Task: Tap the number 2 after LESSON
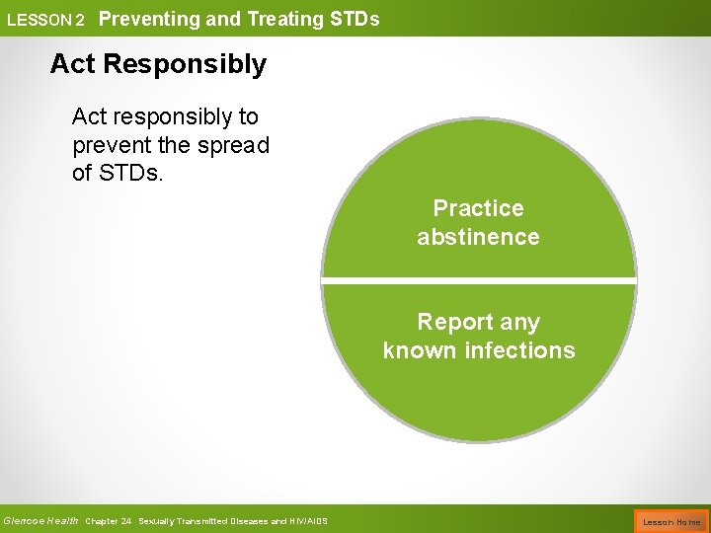[x=79, y=20]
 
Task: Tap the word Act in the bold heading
[x=73, y=64]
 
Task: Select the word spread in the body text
[x=234, y=145]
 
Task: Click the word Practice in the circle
[x=478, y=208]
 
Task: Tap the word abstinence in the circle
[x=478, y=237]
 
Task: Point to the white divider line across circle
[x=478, y=283]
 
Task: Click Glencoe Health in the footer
[x=40, y=520]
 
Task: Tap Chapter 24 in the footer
[x=109, y=521]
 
